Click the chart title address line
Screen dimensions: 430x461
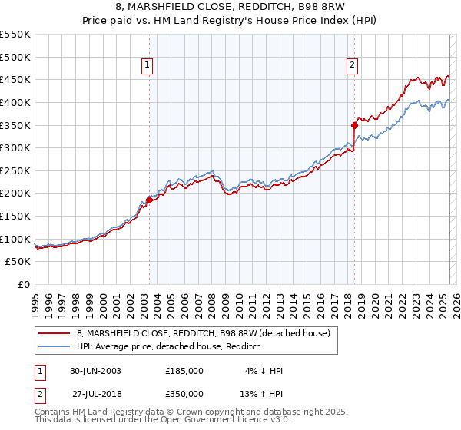230,8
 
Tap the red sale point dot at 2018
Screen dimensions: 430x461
354,125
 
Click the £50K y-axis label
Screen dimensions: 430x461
18,262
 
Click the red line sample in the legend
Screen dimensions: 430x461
55,333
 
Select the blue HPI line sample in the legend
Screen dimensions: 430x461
55,346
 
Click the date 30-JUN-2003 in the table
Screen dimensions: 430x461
95,371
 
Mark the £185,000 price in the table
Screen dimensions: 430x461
184,371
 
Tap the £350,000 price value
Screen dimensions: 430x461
184,392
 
